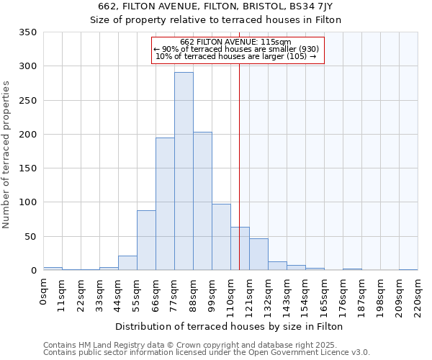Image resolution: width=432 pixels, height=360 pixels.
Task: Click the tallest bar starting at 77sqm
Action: click(184, 171)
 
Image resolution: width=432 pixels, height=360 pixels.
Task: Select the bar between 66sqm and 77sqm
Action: click(165, 204)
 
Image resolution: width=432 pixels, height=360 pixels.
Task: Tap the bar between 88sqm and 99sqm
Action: click(202, 201)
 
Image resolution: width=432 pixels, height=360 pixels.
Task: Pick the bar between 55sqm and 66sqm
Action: click(146, 240)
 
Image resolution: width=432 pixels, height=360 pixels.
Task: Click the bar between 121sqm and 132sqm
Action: click(258, 254)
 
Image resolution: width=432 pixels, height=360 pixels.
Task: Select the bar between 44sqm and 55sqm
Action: click(127, 263)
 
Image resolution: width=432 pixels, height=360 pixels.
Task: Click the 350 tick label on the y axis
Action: click(27, 32)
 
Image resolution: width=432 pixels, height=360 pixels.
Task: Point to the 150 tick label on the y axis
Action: click(27, 168)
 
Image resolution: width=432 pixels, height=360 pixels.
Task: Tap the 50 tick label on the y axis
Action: click(30, 236)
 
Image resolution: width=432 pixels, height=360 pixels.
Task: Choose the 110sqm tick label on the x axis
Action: click(230, 295)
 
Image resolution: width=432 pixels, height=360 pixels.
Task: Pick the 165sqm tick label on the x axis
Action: click(324, 295)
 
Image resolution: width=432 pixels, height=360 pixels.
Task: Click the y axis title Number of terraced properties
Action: click(7, 155)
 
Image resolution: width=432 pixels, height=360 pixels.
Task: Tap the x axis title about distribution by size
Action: click(229, 327)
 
